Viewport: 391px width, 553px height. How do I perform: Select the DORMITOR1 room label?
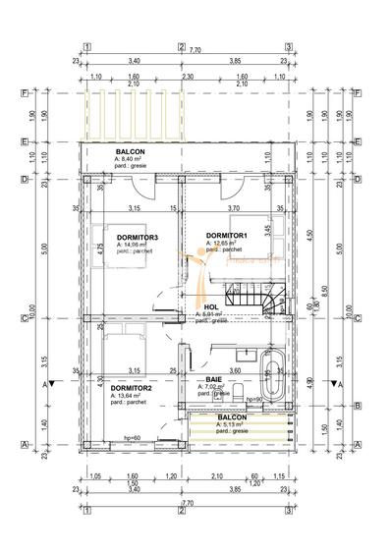pyautogui.click(x=226, y=236)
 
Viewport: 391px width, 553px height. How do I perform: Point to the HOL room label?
pyautogui.click(x=210, y=306)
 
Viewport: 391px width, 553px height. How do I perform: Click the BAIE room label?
pyautogui.click(x=212, y=379)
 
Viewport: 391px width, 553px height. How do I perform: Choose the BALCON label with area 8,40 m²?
pyautogui.click(x=130, y=152)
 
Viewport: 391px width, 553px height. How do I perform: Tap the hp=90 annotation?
pyautogui.click(x=253, y=399)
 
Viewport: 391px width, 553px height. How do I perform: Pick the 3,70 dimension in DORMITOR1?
pyautogui.click(x=234, y=208)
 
